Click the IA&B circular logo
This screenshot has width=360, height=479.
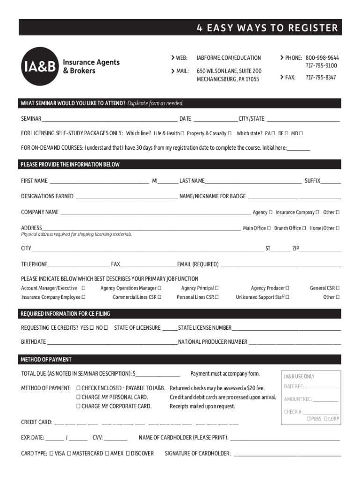coord(40,65)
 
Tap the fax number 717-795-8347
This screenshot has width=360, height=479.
coord(321,77)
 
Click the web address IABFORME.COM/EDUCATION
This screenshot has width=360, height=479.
coord(229,58)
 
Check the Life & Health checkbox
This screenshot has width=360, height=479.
coord(182,133)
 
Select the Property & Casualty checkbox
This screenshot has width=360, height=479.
coord(230,133)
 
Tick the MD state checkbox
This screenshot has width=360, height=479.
coord(301,133)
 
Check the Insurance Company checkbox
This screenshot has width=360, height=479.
coord(317,212)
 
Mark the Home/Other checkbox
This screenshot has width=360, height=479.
coord(338,228)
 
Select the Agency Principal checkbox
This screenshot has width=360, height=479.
coord(216,288)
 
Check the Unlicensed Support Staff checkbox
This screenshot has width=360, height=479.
coord(287,297)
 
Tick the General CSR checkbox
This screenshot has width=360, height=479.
coord(338,288)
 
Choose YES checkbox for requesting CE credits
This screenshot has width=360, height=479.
coord(92,328)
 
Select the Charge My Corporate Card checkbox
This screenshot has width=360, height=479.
coord(79,406)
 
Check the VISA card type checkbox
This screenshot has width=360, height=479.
coord(51,453)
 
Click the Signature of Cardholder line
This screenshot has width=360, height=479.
coord(287,454)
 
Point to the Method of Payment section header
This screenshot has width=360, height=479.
coord(46,360)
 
